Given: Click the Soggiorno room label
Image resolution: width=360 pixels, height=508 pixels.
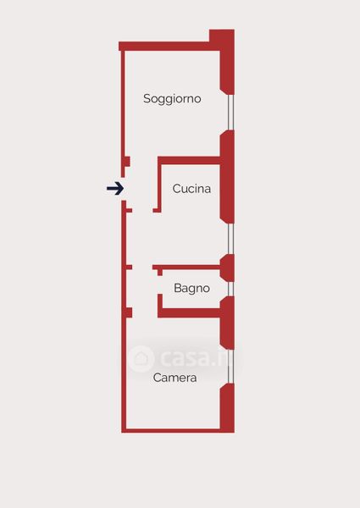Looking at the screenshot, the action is (x=172, y=99).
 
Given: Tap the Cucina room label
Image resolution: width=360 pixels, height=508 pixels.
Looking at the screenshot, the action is (x=191, y=189).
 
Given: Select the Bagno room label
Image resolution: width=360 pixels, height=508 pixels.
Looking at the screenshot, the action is (x=191, y=289).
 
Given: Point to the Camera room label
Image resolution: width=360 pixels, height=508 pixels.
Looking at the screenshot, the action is (x=174, y=378).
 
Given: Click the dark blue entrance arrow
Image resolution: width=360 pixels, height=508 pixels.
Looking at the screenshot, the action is (x=115, y=188).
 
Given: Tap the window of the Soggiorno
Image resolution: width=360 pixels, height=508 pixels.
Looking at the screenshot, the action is (x=230, y=113).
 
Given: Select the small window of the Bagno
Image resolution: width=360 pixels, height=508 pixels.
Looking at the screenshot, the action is (x=230, y=289).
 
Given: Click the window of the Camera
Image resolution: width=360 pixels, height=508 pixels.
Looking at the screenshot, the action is (x=230, y=367).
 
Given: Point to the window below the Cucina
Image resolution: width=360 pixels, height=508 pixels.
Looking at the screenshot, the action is (x=230, y=239).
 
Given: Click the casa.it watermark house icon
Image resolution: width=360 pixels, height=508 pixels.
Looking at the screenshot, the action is (x=141, y=359).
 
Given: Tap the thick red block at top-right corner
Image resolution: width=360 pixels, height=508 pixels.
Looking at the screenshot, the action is (x=222, y=39).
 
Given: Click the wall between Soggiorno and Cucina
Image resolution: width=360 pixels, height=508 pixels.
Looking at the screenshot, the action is (x=189, y=160).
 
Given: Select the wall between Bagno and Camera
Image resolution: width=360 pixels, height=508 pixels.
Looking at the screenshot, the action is (x=189, y=313).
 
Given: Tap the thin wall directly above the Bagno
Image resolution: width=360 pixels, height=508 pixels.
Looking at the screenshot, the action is (x=186, y=268).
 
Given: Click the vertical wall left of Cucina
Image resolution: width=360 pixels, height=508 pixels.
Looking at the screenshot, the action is (x=159, y=185).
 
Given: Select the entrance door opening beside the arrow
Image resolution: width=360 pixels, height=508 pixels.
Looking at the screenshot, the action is (x=123, y=189).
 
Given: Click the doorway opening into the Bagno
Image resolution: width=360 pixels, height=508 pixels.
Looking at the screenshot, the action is (x=160, y=284).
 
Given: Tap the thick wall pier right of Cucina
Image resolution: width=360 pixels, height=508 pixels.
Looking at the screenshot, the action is (x=227, y=177).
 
